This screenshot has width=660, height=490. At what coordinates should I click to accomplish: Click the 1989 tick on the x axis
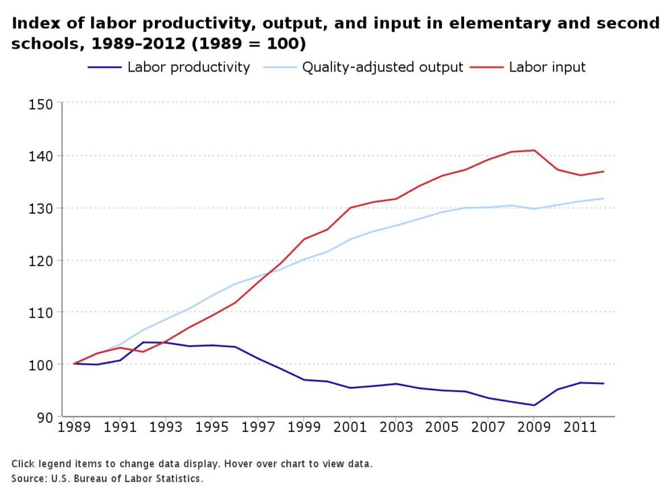(73, 427)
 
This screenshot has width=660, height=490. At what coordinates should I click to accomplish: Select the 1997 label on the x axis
(258, 427)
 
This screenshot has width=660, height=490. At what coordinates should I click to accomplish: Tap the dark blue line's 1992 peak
(143, 342)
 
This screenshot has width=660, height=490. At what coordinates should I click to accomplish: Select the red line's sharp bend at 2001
(350, 208)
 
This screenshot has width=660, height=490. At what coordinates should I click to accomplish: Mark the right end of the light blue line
(603, 198)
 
